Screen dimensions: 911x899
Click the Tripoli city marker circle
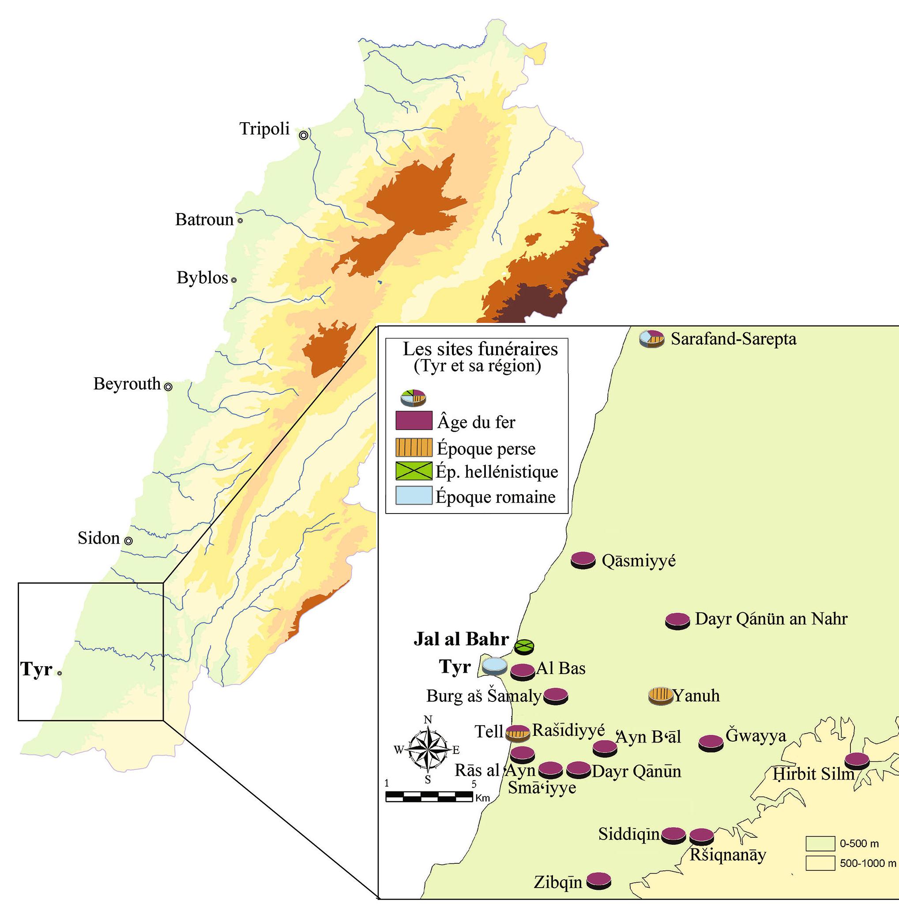[x=304, y=135]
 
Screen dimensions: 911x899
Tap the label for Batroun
[x=204, y=220]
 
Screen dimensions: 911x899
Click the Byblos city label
[x=202, y=278]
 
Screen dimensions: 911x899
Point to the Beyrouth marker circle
[x=168, y=386]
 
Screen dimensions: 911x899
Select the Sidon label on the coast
[x=98, y=538]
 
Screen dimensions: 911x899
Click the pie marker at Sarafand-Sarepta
[x=651, y=338]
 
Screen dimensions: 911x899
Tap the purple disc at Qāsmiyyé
[x=583, y=560]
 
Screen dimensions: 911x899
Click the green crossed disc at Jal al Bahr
[x=523, y=646]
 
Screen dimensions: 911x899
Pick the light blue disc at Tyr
[x=495, y=666]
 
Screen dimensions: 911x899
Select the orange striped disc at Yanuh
[x=660, y=696]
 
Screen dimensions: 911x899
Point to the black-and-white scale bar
[x=429, y=796]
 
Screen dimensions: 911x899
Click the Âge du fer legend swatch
[x=414, y=420]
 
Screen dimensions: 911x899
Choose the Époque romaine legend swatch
[x=414, y=495]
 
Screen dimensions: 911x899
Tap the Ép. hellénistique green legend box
[x=414, y=471]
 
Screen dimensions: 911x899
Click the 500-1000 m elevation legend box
[x=820, y=863]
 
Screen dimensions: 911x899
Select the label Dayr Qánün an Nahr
[x=771, y=619]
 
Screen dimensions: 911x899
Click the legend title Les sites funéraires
[x=480, y=349]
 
